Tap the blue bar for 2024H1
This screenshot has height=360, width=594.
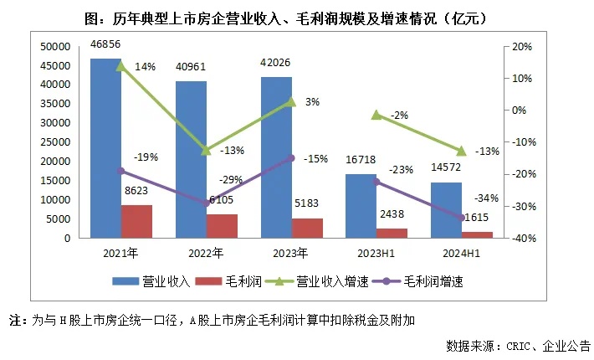pos(446,210)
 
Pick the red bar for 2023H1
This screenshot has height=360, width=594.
pos(392,233)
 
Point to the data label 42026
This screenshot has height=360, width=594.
pos(277,61)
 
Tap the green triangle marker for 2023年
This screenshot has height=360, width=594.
pos(291,101)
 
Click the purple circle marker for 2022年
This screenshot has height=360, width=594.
pos(207,203)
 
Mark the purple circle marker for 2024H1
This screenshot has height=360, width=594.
pos(461,218)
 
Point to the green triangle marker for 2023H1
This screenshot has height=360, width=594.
pos(377,115)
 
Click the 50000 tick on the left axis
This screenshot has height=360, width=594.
pos(54,46)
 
